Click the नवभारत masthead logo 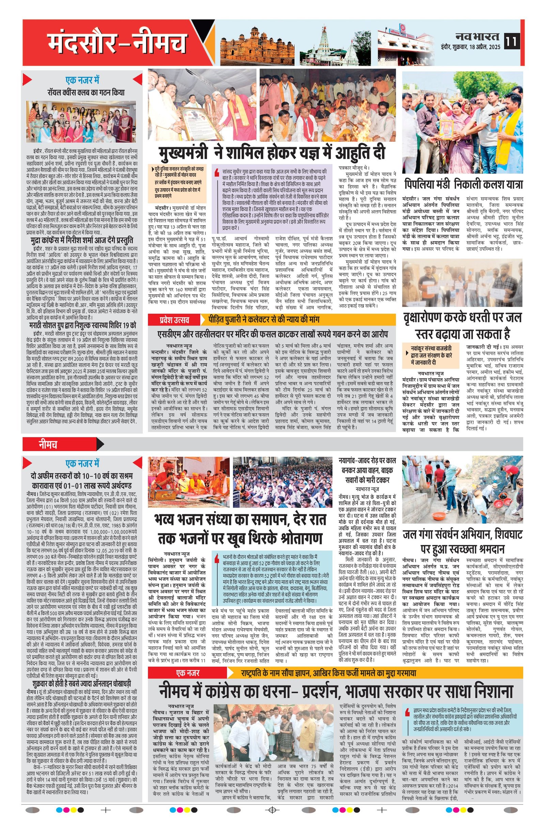478,36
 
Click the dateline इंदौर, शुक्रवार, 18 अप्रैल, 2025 471,46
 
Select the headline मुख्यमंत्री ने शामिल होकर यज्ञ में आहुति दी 271,153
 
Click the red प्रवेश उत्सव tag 173,319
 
